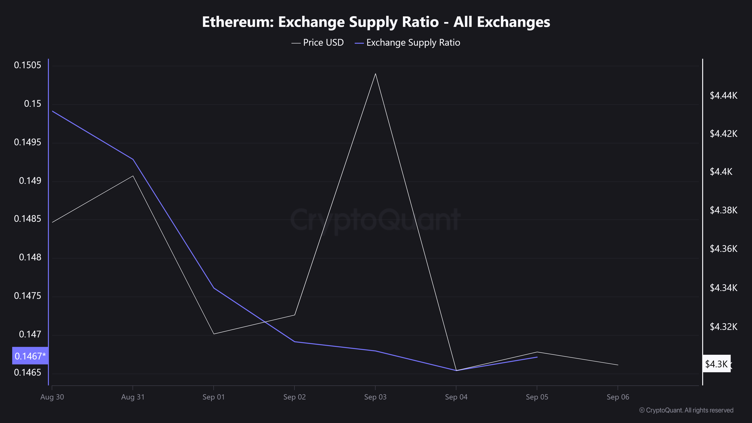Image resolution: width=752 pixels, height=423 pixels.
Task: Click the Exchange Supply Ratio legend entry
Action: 408,43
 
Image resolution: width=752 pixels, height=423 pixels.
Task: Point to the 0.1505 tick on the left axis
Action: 28,65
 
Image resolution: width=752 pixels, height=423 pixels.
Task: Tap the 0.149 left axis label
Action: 30,181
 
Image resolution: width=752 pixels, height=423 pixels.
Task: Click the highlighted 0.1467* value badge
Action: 30,356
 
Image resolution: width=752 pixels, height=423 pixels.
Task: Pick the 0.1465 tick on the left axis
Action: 28,372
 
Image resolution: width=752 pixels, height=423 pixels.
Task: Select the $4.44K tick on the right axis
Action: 723,96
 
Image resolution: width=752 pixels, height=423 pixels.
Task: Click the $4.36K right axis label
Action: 723,249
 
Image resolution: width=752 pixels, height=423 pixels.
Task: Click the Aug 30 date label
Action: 52,397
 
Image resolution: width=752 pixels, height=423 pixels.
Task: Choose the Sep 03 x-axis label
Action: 375,397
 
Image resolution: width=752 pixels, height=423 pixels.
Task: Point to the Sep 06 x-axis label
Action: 618,397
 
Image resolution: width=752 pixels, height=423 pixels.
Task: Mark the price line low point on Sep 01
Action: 214,334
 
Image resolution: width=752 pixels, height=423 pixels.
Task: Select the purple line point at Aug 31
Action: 133,159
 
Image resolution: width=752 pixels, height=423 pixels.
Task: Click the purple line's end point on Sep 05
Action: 537,357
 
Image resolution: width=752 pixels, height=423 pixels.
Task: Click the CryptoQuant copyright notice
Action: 686,410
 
